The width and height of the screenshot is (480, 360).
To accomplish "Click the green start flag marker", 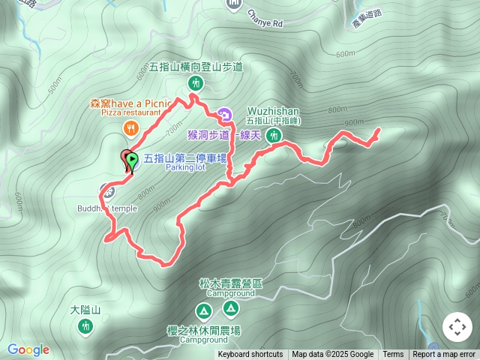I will [132, 159].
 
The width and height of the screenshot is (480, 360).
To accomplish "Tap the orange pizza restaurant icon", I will [130, 128].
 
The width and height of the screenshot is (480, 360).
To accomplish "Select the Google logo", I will [28, 349].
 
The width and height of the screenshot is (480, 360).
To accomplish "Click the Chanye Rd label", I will [265, 23].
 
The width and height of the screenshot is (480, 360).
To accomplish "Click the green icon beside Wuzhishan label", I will [274, 136].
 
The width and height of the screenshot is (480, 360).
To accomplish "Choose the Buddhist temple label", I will [106, 208].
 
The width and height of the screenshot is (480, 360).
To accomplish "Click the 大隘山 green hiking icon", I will [85, 326].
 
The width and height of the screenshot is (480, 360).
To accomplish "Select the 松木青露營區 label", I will [231, 283].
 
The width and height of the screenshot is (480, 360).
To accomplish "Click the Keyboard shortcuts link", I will [250, 355].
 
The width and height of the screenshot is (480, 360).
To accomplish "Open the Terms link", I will [393, 355].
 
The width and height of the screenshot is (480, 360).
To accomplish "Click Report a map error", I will [444, 355].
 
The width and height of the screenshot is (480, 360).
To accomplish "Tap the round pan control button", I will [457, 327].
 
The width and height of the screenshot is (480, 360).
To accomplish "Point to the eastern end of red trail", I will [377, 130].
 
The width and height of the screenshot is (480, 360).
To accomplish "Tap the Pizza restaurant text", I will [119, 112].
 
